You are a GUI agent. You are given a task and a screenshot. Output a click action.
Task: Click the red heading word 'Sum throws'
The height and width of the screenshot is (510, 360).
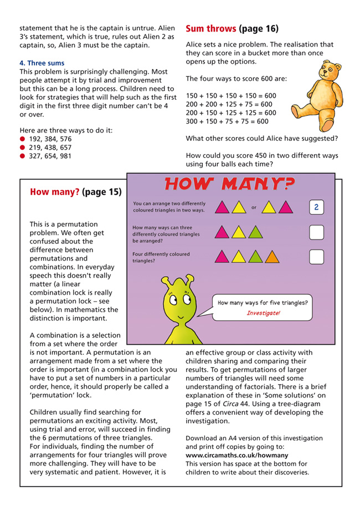pos(211,28)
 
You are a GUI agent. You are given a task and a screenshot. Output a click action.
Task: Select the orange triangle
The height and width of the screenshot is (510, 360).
pos(272,257)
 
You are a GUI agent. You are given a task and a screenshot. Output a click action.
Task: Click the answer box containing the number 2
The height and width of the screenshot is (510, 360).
pos(316,208)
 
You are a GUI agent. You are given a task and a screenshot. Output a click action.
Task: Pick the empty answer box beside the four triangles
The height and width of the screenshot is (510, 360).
pos(316,257)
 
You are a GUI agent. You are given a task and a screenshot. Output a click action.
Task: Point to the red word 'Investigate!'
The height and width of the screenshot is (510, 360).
pos(263,313)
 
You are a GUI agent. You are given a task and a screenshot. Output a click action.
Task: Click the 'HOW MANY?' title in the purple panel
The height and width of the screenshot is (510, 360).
pos(230,183)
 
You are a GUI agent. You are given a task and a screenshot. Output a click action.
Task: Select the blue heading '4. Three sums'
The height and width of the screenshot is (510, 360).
pos(42,63)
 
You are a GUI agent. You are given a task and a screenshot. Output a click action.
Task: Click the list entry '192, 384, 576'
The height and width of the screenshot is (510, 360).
pos(50,139)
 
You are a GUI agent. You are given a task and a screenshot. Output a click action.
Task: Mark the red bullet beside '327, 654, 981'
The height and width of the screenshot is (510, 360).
pos(23,156)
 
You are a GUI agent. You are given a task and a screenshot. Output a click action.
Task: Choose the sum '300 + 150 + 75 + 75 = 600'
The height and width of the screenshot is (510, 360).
pos(227,121)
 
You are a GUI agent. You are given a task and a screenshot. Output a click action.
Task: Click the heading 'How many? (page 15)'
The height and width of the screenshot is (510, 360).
pos(75,193)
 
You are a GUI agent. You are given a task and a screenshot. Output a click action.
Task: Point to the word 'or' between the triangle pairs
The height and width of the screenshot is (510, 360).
pos(254,208)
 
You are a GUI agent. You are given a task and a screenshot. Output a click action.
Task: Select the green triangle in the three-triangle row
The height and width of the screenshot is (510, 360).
pos(255,232)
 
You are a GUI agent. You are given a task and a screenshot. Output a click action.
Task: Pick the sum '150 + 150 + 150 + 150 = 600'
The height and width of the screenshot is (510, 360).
pos(230,96)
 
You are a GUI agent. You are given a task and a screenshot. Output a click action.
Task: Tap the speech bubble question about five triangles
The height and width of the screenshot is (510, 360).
pos(263,303)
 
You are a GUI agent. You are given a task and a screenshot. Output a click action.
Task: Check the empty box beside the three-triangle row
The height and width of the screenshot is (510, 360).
pos(316,232)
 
